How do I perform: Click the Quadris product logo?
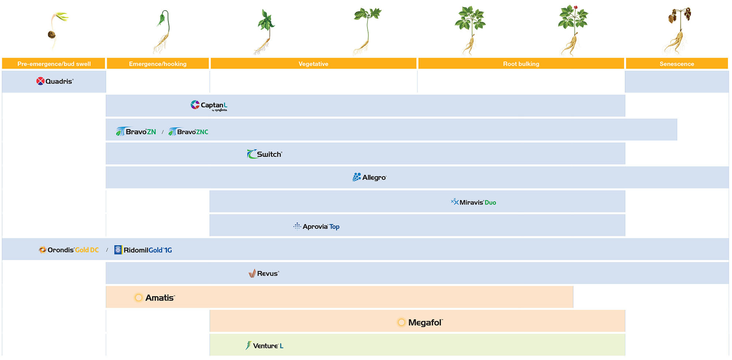click(x=55, y=81)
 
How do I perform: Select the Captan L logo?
click(x=209, y=105)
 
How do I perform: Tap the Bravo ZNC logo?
click(x=188, y=132)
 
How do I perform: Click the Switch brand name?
click(x=269, y=154)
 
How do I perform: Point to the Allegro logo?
click(x=369, y=178)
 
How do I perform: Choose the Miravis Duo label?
click(x=474, y=202)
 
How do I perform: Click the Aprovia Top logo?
click(x=317, y=227)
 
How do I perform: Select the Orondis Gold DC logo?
click(x=69, y=250)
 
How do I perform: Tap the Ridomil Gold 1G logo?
click(x=143, y=250)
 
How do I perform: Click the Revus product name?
click(x=268, y=274)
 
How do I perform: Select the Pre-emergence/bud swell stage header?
click(x=54, y=64)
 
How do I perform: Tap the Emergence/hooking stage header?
click(x=158, y=64)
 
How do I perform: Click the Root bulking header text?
click(x=521, y=64)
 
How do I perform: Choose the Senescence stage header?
click(x=677, y=64)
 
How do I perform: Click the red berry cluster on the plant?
click(x=575, y=7)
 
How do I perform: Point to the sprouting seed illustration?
click(x=56, y=29)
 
